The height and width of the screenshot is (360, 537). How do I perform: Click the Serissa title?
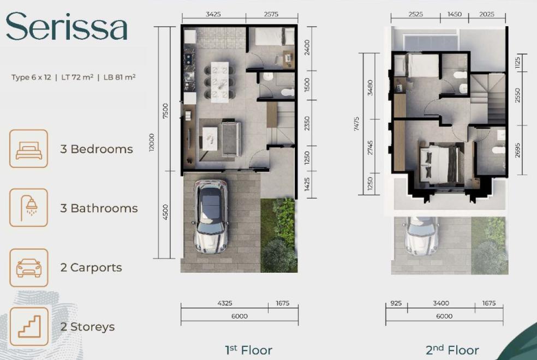pos(67,26)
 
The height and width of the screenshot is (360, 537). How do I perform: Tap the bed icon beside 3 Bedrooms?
pos(29,149)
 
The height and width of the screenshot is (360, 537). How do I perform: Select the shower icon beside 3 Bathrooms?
pos(29,208)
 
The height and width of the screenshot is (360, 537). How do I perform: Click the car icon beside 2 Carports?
pos(29,268)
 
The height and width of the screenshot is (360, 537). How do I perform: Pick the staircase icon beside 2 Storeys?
pos(29,327)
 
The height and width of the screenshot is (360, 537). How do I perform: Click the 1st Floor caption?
pos(249,350)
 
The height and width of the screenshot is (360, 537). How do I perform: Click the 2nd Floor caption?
pos(452,350)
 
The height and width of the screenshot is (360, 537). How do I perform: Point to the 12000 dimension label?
pos(151,142)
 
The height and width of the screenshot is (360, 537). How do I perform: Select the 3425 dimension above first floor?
pos(213,14)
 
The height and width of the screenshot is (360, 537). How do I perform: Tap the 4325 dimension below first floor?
pos(225,303)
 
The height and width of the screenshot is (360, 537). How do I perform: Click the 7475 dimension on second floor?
pos(356,124)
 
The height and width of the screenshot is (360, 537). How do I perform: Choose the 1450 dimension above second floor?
pos(455,14)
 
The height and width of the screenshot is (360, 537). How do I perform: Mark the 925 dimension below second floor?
pos(396,303)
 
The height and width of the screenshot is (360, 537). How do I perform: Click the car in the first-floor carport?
pos(211,217)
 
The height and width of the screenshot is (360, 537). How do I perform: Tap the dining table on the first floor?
pos(219,82)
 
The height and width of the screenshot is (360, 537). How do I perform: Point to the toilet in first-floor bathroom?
pos(288,92)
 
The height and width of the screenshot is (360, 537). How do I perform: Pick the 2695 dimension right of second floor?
pos(517,150)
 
